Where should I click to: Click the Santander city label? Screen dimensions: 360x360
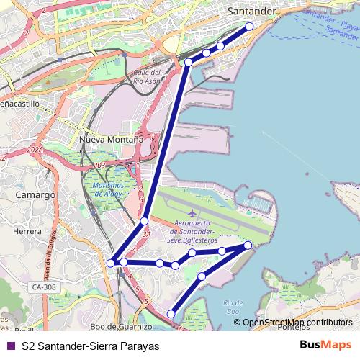[251, 12]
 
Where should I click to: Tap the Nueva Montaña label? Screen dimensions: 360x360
[112, 138]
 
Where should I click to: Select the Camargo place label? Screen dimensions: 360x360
[34, 195]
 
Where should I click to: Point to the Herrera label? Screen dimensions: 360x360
[27, 232]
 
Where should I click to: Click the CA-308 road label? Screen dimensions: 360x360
[42, 287]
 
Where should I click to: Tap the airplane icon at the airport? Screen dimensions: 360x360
[192, 214]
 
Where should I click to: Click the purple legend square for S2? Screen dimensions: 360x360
[10, 345]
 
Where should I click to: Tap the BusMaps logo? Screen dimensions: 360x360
[325, 345]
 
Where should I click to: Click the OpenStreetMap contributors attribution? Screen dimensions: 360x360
[297, 323]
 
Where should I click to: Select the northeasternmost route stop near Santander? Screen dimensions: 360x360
[250, 27]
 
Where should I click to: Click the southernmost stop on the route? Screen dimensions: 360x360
[171, 313]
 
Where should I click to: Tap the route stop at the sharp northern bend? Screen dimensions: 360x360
[189, 63]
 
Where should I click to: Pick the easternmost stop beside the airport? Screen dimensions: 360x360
[248, 246]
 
